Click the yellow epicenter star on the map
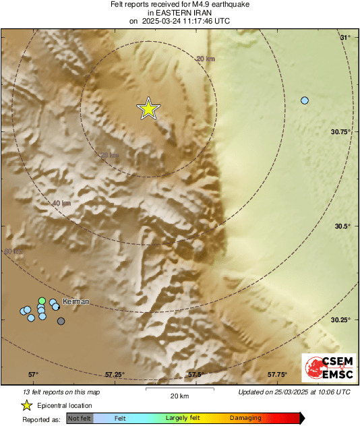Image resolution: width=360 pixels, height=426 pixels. (148, 109)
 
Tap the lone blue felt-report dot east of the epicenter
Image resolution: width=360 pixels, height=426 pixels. (305, 100)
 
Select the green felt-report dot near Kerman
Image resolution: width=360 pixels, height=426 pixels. (42, 301)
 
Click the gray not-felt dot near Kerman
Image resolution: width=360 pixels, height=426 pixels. (61, 322)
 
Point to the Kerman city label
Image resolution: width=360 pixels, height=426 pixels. (76, 301)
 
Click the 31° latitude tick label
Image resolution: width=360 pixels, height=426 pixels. (345, 37)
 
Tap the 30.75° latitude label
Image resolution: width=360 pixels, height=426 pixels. (340, 132)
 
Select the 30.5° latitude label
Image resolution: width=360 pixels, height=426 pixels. (342, 226)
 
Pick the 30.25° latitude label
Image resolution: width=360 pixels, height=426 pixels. (340, 320)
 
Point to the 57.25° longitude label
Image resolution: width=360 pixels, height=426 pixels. (116, 375)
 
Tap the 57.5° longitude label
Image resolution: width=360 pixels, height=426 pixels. (196, 375)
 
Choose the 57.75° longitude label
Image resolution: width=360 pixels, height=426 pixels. (278, 375)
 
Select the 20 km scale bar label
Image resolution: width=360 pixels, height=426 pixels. (179, 396)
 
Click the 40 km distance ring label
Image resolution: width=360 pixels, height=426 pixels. (61, 203)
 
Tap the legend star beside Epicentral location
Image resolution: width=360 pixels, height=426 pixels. (26, 405)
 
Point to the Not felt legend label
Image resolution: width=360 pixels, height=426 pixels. (79, 419)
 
